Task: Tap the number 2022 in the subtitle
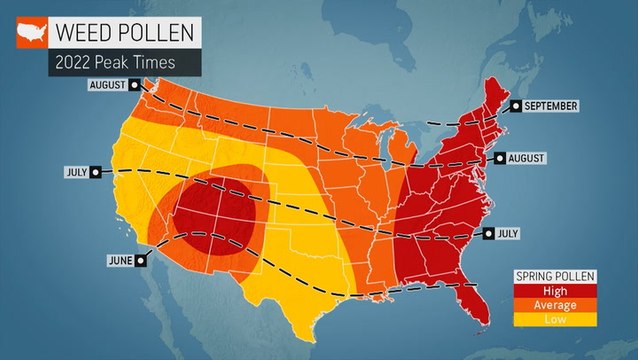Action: point(78,62)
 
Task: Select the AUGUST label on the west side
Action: point(108,85)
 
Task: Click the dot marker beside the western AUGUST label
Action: point(134,85)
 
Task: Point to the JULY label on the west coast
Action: point(76,171)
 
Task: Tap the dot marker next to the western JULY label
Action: point(95,171)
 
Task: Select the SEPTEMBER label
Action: point(551,105)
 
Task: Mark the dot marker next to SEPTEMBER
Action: point(516,105)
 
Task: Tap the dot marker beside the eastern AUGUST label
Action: point(498,158)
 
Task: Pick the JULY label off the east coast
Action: point(508,234)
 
